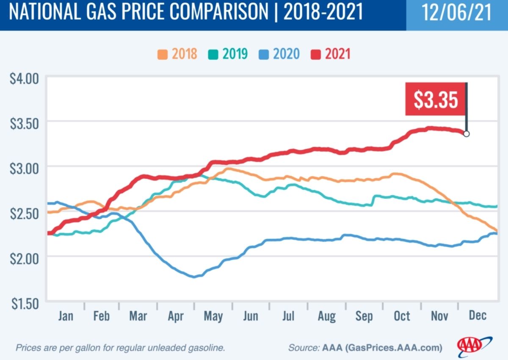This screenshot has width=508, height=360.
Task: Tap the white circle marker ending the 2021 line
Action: point(466,134)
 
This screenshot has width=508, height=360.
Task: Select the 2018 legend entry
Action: point(177,54)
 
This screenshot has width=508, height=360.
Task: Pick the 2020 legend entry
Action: point(279,54)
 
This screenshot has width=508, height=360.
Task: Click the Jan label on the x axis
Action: point(66,316)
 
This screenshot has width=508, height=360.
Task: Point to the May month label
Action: point(214,316)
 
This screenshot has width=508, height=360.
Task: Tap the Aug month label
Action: point(326,316)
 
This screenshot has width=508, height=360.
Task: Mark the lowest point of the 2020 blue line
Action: point(194,277)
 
